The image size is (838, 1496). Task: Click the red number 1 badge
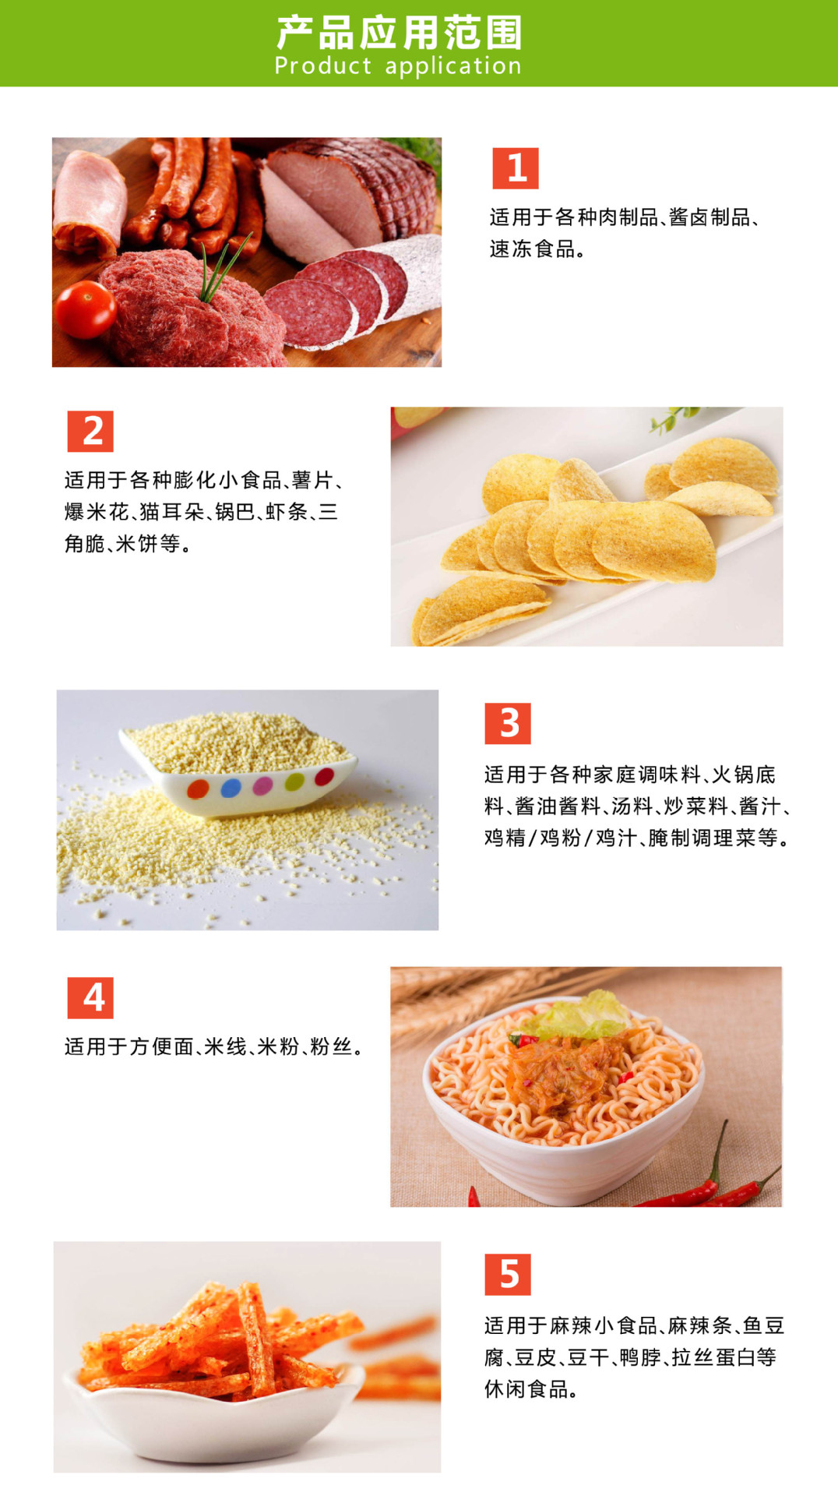coord(516,168)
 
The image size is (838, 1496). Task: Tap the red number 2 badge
coord(90,432)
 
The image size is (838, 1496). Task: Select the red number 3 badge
coord(508,724)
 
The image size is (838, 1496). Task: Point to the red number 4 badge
coord(90,998)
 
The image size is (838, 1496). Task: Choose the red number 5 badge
coord(508,1275)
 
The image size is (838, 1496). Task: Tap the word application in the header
coord(453,67)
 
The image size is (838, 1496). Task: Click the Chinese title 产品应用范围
coord(400,32)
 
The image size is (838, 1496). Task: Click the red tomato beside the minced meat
coord(85,309)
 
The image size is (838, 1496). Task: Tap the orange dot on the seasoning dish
coord(198,789)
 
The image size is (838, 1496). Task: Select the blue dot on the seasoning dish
coord(231,788)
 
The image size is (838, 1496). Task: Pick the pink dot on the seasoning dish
coord(263,785)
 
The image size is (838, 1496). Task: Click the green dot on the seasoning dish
coord(294,781)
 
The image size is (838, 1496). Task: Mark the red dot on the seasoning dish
coord(324,776)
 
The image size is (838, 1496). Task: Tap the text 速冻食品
coord(533,249)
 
